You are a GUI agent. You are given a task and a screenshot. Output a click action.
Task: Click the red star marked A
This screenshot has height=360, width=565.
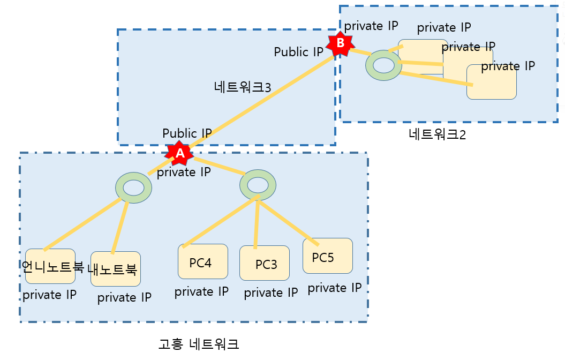[180, 153]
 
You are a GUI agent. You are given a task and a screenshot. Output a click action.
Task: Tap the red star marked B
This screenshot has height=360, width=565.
[340, 43]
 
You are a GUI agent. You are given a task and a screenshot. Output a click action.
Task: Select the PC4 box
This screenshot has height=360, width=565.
[203, 261]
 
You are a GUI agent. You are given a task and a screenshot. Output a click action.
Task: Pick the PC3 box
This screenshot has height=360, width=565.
[265, 263]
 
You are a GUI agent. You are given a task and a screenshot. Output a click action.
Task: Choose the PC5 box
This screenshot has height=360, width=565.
[327, 256]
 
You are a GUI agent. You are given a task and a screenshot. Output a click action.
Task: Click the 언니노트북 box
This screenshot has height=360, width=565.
[50, 266]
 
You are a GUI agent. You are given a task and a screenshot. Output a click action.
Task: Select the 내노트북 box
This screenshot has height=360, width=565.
[115, 269]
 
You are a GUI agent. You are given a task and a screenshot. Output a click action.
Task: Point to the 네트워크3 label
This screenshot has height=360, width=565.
[243, 87]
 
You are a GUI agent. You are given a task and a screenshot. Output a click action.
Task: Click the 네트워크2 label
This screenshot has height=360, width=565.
[437, 134]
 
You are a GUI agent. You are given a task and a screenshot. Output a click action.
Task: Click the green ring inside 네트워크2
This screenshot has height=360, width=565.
[383, 65]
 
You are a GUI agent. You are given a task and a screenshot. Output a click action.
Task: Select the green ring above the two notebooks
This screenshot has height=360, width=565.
[133, 187]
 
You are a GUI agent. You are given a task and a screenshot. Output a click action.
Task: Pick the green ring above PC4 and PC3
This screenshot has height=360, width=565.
[258, 185]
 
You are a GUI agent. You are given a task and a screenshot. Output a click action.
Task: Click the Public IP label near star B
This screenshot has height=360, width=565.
[299, 52]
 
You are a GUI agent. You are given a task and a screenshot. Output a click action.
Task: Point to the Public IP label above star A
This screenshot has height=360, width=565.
[187, 133]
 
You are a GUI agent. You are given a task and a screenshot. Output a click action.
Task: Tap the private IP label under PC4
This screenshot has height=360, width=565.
[201, 291]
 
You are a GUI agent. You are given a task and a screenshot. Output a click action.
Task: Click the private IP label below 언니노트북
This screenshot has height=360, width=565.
[49, 295]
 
